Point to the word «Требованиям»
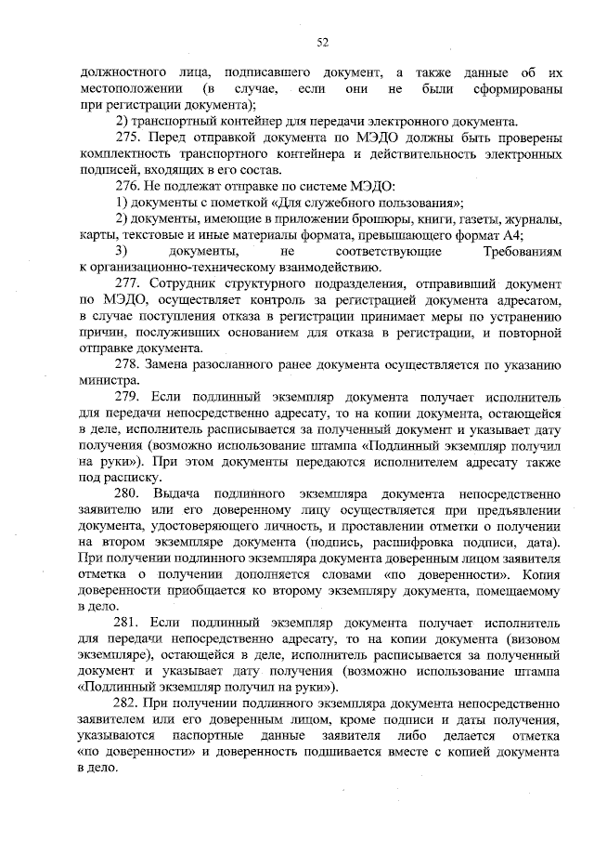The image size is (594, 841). point(523,252)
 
